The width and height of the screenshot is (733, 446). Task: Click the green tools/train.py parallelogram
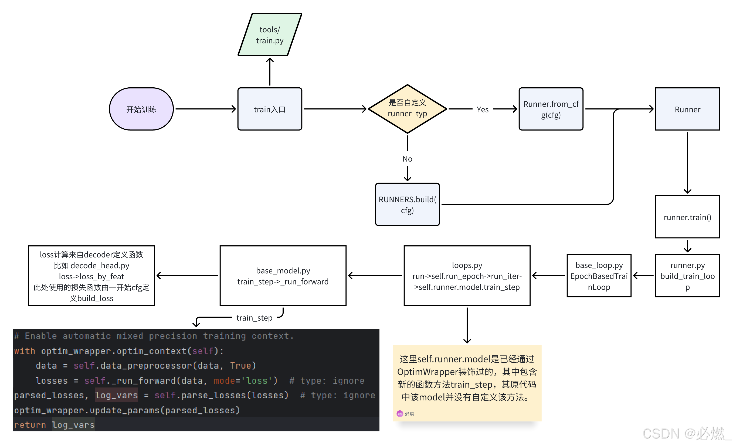point(270,35)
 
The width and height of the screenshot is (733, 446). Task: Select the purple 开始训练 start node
point(141,109)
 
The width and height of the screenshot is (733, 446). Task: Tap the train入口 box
point(270,109)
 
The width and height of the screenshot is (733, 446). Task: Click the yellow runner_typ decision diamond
point(407,108)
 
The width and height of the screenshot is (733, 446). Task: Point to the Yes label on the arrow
point(482,109)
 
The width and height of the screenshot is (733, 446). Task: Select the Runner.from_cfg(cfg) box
point(551,109)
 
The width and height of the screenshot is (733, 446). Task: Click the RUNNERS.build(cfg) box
point(407,204)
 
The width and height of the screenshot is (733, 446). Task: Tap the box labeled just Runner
point(687,109)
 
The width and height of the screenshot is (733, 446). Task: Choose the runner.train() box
point(687,217)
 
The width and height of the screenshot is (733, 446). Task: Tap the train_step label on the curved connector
point(254,318)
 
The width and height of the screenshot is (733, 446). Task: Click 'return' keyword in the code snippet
point(30,425)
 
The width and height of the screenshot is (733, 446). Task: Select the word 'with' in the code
point(25,351)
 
